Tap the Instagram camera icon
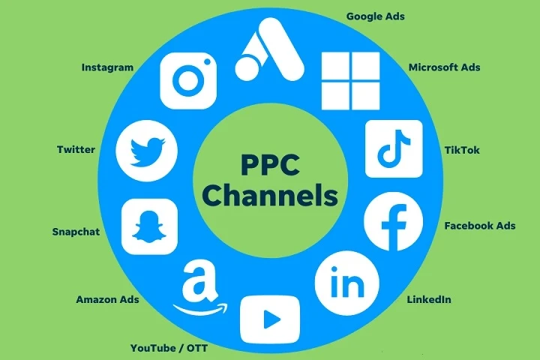[188, 80]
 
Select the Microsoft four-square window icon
[350, 81]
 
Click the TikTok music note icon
[394, 148]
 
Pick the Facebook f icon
[393, 221]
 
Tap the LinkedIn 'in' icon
[346, 283]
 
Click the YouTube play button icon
[270, 319]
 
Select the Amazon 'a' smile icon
[200, 288]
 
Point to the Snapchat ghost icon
[149, 226]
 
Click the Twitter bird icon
[147, 151]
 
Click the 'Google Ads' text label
[376, 16]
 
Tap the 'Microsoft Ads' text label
[444, 67]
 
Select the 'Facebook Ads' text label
[480, 226]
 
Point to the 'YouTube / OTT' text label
[169, 348]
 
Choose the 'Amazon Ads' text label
[107, 299]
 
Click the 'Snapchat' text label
[76, 232]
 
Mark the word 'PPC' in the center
[270, 165]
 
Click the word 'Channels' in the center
[270, 195]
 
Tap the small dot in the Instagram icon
[207, 61]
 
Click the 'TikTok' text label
[462, 150]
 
